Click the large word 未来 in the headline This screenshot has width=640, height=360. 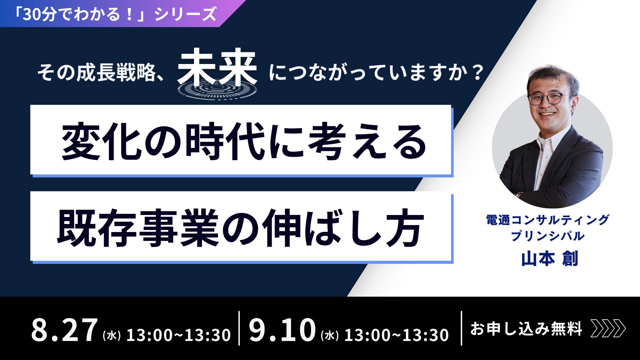click(217, 67)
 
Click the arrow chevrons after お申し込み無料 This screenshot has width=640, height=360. click(608, 329)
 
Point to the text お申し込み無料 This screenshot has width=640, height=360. click(526, 329)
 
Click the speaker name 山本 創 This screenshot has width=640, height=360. click(549, 259)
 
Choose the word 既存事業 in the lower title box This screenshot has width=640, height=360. click(137, 228)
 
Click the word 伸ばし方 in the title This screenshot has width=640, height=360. click(343, 228)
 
